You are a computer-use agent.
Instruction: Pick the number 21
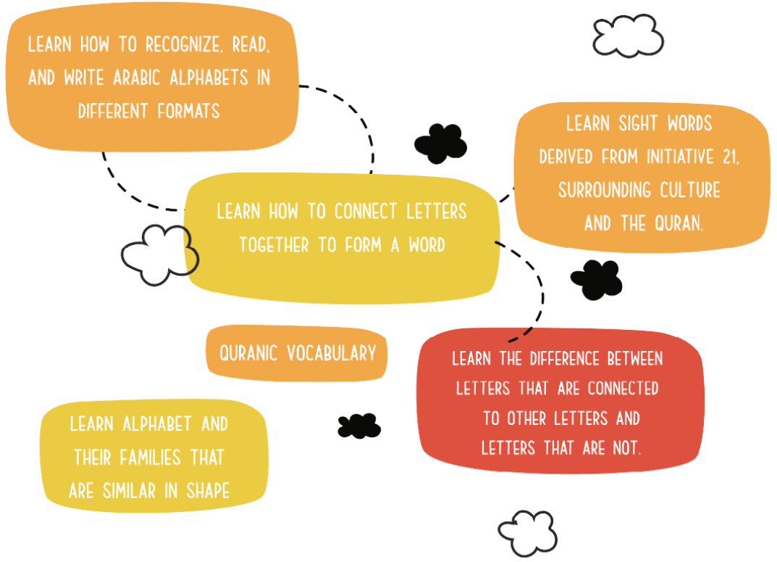point(727,157)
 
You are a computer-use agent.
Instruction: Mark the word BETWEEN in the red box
point(634,358)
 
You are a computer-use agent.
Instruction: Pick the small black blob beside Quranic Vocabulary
point(358,426)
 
